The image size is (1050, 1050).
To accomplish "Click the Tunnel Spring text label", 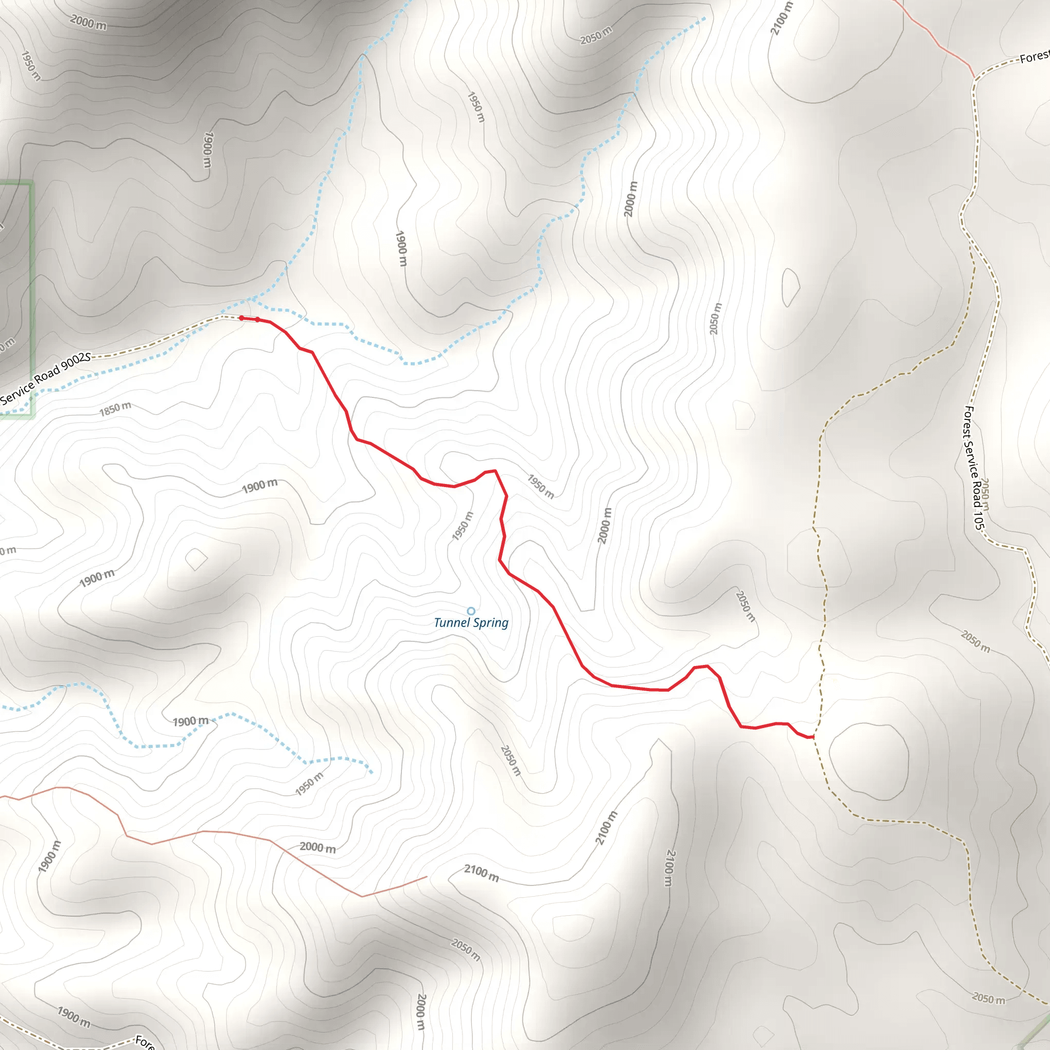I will click(x=471, y=623).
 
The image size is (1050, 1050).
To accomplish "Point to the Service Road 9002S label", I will click(x=46, y=378).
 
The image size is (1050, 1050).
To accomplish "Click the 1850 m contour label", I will click(x=115, y=409).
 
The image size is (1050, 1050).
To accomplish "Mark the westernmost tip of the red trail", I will click(x=241, y=318).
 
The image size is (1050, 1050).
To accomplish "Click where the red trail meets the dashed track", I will click(x=813, y=737).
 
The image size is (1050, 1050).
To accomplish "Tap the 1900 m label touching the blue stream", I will click(x=191, y=721).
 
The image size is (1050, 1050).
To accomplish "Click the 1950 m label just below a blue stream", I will click(x=309, y=784).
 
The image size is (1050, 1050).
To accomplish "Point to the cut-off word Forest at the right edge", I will click(x=1034, y=56).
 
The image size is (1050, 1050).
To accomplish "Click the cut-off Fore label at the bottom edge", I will click(x=145, y=1041).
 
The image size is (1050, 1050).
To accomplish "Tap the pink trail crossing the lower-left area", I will click(x=217, y=832).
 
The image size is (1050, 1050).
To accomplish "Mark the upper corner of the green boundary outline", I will click(x=31, y=184).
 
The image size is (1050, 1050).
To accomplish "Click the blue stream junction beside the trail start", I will click(x=251, y=299).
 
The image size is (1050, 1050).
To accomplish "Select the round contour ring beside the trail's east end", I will click(x=869, y=762).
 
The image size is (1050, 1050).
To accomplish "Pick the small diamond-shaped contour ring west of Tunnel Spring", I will click(x=196, y=559).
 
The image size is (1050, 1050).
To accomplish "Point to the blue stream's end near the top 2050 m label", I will click(x=704, y=18).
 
